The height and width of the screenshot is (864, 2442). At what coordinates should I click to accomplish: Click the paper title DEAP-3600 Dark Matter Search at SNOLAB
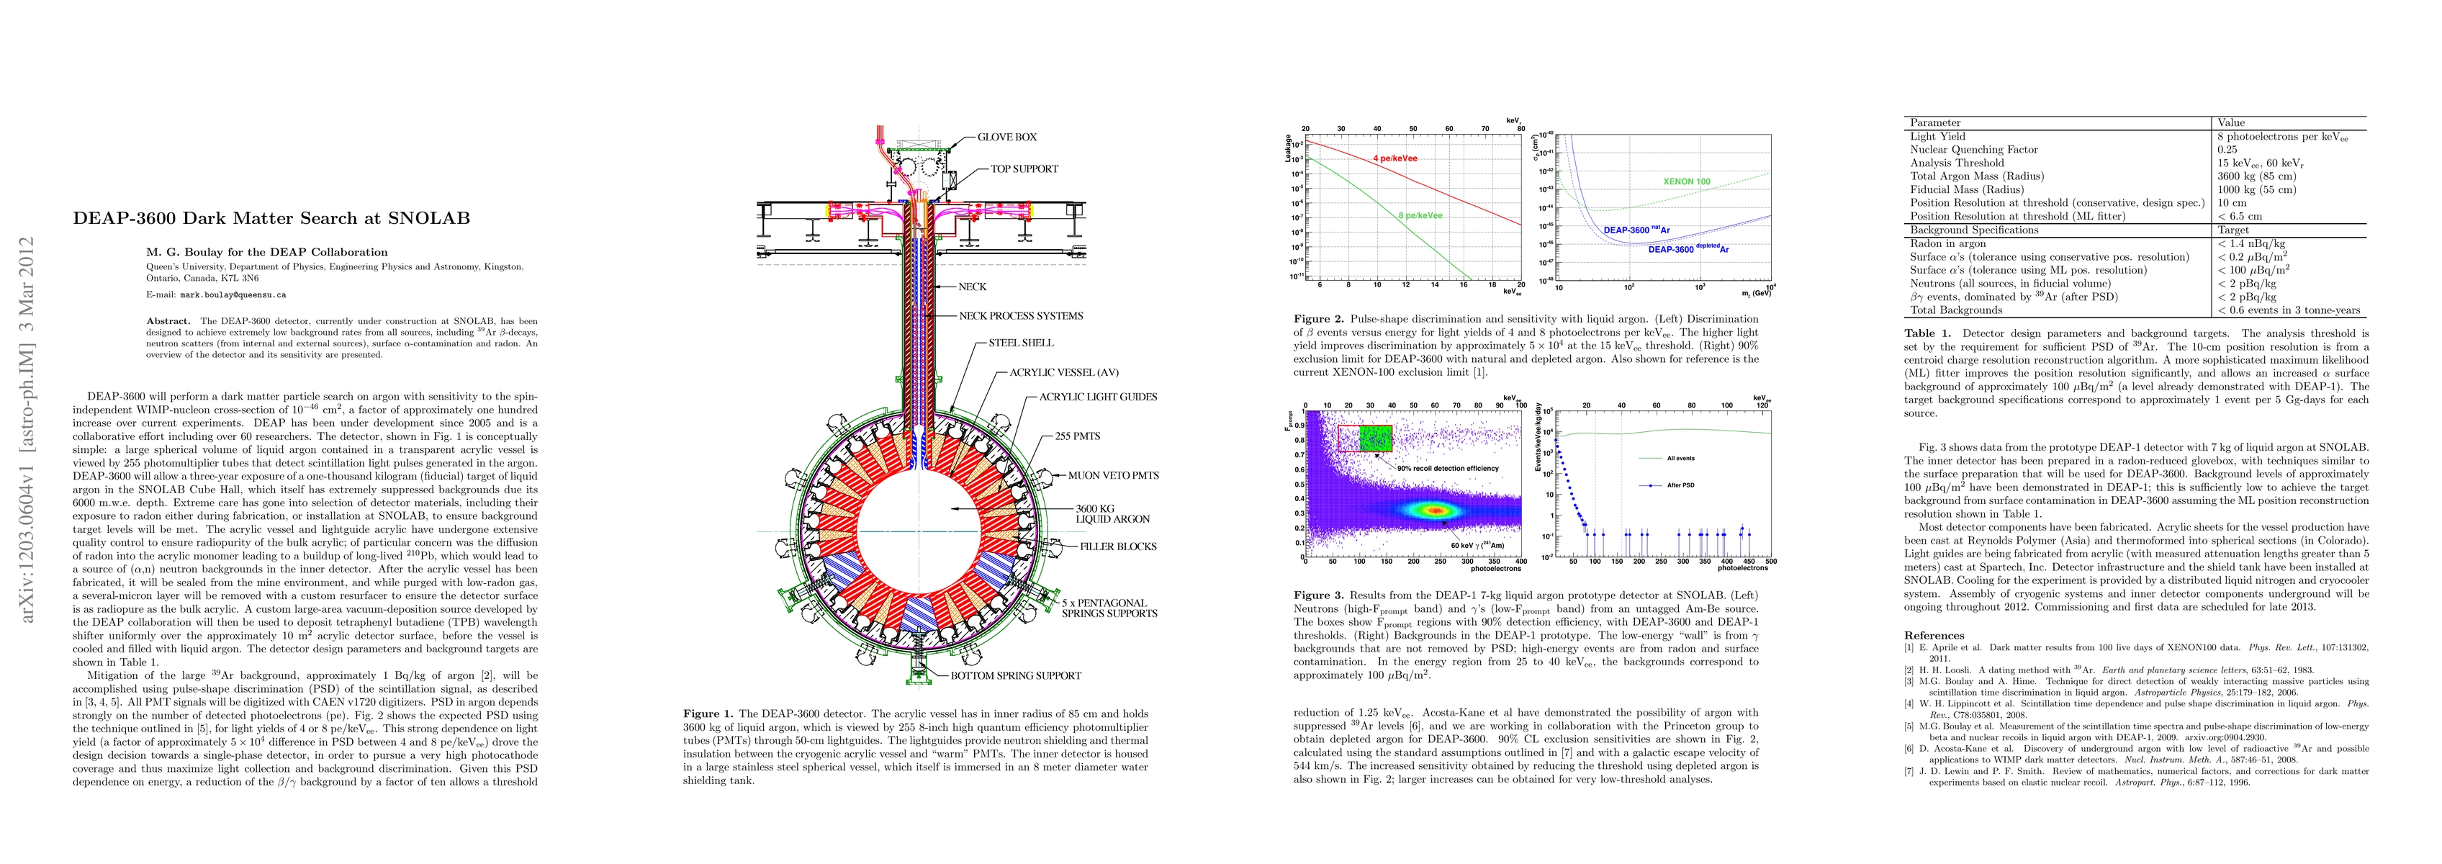click(x=271, y=218)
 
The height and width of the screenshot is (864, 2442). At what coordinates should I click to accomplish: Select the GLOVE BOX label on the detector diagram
click(x=1006, y=138)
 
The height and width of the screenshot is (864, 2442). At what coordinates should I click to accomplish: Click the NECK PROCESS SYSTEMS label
click(x=1020, y=316)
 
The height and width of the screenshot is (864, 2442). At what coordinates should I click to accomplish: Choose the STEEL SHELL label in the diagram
click(x=1020, y=343)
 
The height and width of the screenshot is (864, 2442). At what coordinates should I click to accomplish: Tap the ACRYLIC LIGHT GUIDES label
click(x=1098, y=397)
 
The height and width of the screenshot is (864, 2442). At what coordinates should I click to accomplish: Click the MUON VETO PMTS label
click(x=1113, y=476)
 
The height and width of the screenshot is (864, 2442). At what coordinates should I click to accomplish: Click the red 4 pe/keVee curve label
click(x=1395, y=158)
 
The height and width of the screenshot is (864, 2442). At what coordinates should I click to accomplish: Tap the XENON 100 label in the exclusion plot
click(x=1687, y=181)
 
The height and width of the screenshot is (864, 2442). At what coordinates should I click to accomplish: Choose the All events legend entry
click(x=1679, y=458)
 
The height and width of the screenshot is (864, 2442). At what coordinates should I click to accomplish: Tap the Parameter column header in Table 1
click(x=1935, y=123)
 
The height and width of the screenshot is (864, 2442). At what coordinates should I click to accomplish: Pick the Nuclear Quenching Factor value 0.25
click(x=2226, y=150)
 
